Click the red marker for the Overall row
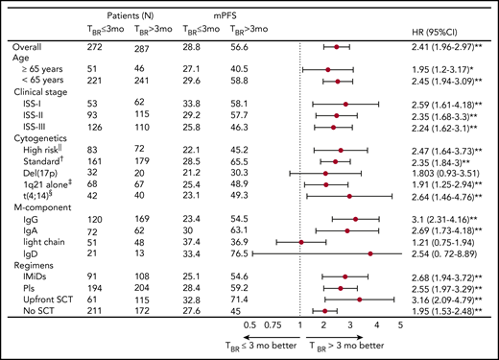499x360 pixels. click(337, 46)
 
